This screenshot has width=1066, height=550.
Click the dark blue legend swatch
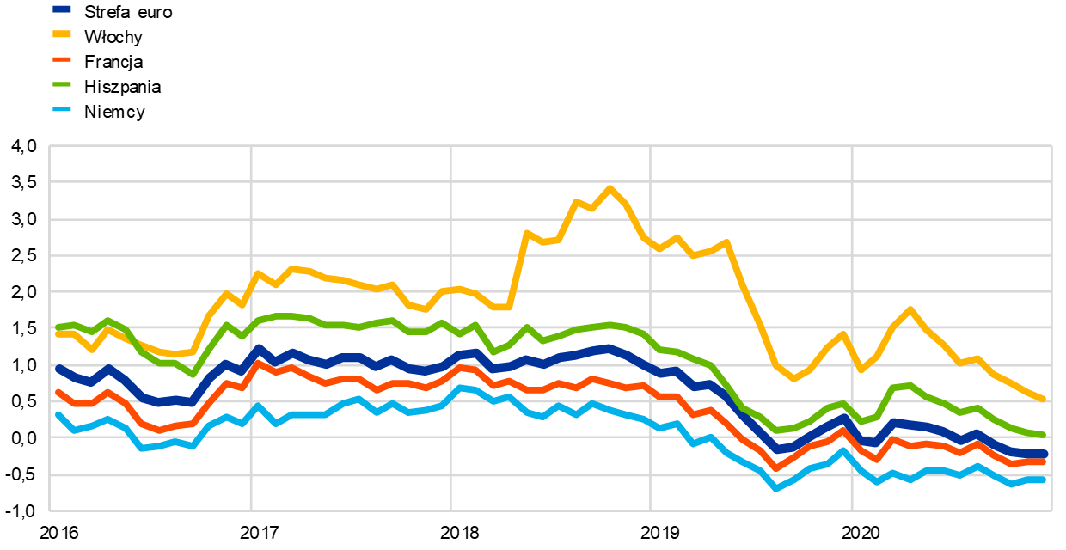pyautogui.click(x=62, y=9)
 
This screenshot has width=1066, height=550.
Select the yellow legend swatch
pyautogui.click(x=62, y=34)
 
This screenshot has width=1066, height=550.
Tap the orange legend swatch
pyautogui.click(x=62, y=59)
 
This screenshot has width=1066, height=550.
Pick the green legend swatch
pyautogui.click(x=62, y=84)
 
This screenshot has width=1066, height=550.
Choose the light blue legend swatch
pyautogui.click(x=62, y=109)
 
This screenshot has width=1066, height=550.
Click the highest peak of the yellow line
pyautogui.click(x=610, y=187)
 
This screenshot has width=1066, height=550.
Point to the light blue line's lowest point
pyautogui.click(x=775, y=488)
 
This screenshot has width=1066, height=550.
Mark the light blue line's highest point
pyautogui.click(x=459, y=388)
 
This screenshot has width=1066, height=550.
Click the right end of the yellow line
pyautogui.click(x=1044, y=399)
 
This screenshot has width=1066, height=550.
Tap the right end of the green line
pyautogui.click(x=1044, y=435)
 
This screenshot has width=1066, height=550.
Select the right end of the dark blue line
pyautogui.click(x=1044, y=454)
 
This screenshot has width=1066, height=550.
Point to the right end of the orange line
pyautogui.click(x=1044, y=461)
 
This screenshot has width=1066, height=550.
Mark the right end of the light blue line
pyautogui.click(x=1044, y=480)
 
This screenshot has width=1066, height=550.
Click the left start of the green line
pyautogui.click(x=58, y=327)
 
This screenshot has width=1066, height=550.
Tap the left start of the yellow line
pyautogui.click(x=58, y=333)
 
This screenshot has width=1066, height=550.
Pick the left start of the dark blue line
pyautogui.click(x=58, y=368)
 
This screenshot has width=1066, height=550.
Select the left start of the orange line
pyautogui.click(x=58, y=392)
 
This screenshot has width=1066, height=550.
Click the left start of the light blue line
pyautogui.click(x=58, y=414)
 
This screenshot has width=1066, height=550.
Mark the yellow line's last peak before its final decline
pyautogui.click(x=910, y=309)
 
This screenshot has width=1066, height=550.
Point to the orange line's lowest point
pyautogui.click(x=775, y=468)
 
